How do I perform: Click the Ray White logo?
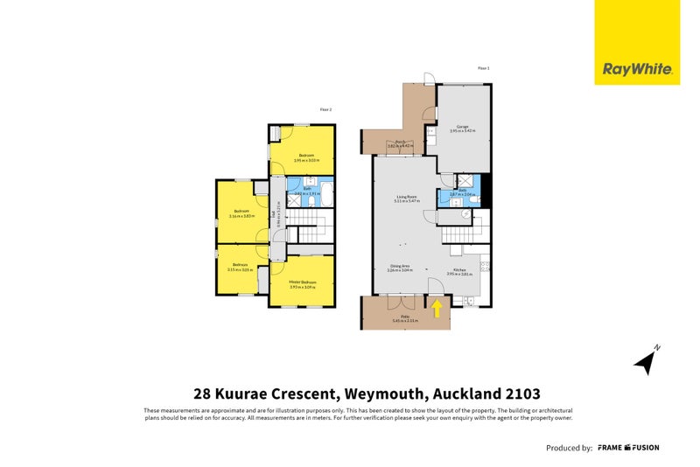pyautogui.click(x=636, y=69)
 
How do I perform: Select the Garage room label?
pyautogui.click(x=462, y=129)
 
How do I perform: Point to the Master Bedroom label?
pyautogui.click(x=302, y=283)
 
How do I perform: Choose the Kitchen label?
pyautogui.click(x=459, y=271)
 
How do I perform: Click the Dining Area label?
pyautogui.click(x=399, y=268)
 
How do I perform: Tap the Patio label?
pyautogui.click(x=405, y=317)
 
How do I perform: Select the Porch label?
pyautogui.click(x=398, y=143)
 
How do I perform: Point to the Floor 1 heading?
pyautogui.click(x=482, y=67)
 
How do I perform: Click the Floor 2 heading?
pyautogui.click(x=325, y=109)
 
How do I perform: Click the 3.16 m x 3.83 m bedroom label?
pyautogui.click(x=241, y=213)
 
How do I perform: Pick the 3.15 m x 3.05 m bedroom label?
pyautogui.click(x=240, y=267)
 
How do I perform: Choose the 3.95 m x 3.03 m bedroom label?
pyautogui.click(x=301, y=158)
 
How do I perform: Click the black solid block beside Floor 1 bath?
pyautogui.click(x=486, y=192)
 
